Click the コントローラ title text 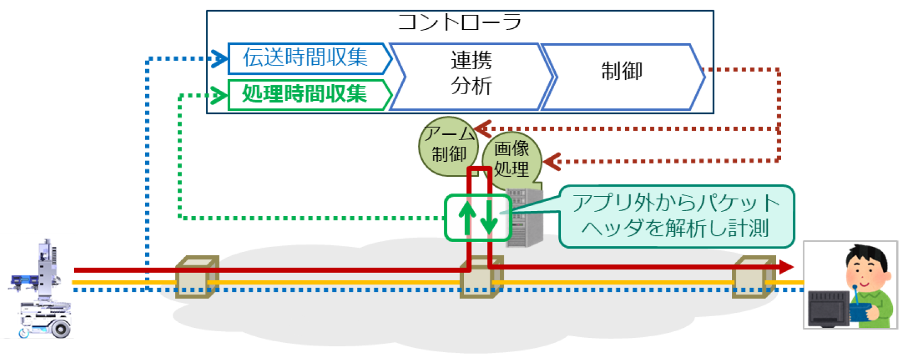pyautogui.click(x=459, y=23)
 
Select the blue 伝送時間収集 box pyautogui.click(x=306, y=58)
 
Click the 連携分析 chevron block pyautogui.click(x=471, y=73)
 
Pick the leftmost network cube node pyautogui.click(x=197, y=276)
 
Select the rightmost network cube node pyautogui.click(x=753, y=276)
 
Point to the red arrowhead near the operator pyautogui.click(x=787, y=267)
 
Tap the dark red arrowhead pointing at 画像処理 pyautogui.click(x=552, y=162)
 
